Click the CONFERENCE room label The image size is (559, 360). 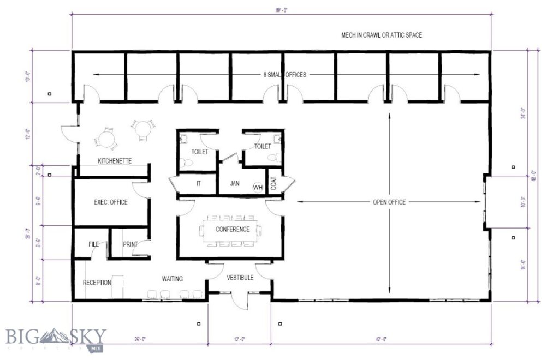click(233, 229)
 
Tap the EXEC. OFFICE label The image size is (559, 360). click(110, 202)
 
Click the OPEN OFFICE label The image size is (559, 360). click(389, 202)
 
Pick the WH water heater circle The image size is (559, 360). click(258, 187)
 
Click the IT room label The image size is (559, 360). click(198, 184)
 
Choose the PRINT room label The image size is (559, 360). click(129, 244)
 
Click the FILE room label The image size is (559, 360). click(93, 244)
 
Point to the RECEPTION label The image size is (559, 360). click(97, 283)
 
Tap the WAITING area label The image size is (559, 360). click(172, 279)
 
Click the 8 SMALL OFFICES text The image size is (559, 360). click(284, 75)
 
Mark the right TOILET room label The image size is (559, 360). click(263, 146)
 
